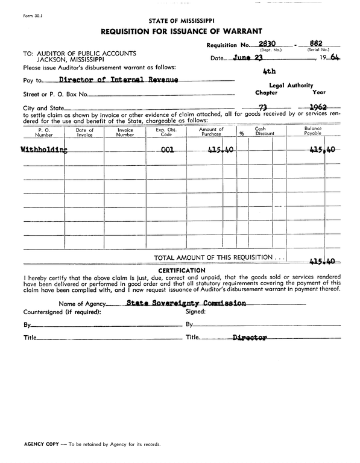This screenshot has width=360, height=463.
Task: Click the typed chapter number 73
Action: (x=263, y=108)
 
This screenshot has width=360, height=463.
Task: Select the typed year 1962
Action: (x=318, y=108)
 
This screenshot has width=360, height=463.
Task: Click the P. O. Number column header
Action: (x=43, y=133)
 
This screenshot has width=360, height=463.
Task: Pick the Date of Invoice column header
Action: (x=84, y=133)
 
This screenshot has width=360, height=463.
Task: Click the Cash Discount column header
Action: (x=264, y=133)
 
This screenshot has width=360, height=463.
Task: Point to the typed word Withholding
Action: (x=44, y=150)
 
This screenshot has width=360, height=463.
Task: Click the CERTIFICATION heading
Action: (x=182, y=270)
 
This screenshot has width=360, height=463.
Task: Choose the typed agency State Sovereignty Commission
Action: (x=186, y=303)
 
